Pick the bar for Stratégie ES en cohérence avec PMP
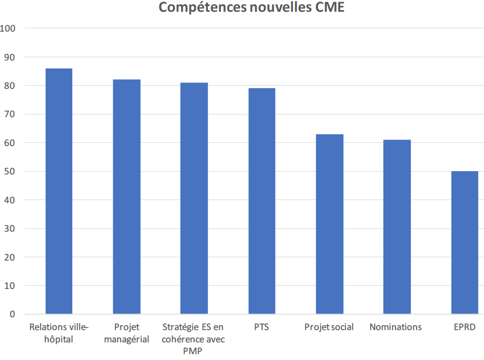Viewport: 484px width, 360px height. pos(194,198)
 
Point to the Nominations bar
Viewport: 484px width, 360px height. pos(397,227)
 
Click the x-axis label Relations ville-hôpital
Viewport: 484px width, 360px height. pos(59,333)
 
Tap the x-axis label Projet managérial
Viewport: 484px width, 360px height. pos(127,333)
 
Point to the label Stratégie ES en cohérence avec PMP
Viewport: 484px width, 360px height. pos(193,339)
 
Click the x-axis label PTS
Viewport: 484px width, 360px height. pos(262,327)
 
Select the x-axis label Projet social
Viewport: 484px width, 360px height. pos(329,327)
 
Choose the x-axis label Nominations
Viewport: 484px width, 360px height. pos(396,327)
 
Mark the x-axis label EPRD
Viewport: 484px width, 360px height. pos(464,327)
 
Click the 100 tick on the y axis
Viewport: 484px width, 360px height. pos(10,28)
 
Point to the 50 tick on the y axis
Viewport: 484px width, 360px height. pos(11,171)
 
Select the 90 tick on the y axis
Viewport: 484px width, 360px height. pos(11,57)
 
